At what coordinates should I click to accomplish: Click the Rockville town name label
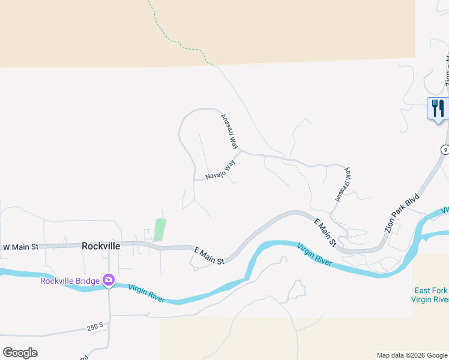pos(101,246)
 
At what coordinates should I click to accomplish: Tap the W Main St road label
pos(20,247)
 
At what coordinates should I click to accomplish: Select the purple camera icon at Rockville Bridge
pos(108,280)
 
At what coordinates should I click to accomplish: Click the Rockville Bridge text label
pos(70,280)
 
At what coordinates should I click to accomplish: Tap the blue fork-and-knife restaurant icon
pos(438,109)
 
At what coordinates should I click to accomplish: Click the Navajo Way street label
pos(220,170)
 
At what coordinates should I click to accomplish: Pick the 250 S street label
pos(95,328)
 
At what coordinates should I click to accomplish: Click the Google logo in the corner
pos(20,353)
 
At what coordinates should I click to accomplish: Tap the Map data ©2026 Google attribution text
pos(412,355)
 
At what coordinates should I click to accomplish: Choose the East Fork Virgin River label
pos(430,295)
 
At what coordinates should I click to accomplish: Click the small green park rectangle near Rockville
pos(160,229)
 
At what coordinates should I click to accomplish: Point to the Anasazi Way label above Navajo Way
pos(230,131)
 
